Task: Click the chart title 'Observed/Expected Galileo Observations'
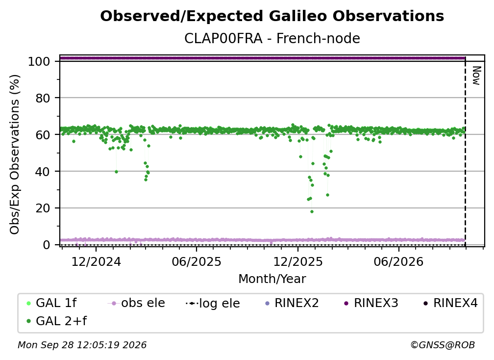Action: (272, 16)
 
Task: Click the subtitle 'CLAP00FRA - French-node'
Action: (272, 39)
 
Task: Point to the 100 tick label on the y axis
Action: (39, 61)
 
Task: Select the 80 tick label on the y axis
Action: (43, 98)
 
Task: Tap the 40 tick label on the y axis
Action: (43, 172)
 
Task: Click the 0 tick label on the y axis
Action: (46, 245)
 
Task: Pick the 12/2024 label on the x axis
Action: (96, 261)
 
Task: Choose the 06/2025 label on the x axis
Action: (197, 261)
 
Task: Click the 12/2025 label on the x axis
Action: (298, 261)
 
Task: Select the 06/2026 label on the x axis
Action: (398, 261)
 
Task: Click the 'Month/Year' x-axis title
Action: (272, 279)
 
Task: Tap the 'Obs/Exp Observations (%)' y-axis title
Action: (15, 154)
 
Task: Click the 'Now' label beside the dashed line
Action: (476, 76)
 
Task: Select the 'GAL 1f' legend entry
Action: (51, 303)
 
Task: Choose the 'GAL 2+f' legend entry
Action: (57, 321)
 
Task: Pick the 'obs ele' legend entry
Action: (136, 303)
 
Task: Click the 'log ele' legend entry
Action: (213, 303)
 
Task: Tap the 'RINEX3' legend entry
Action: (371, 303)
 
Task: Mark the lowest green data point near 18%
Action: (312, 211)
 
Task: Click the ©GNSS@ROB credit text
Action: (443, 345)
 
